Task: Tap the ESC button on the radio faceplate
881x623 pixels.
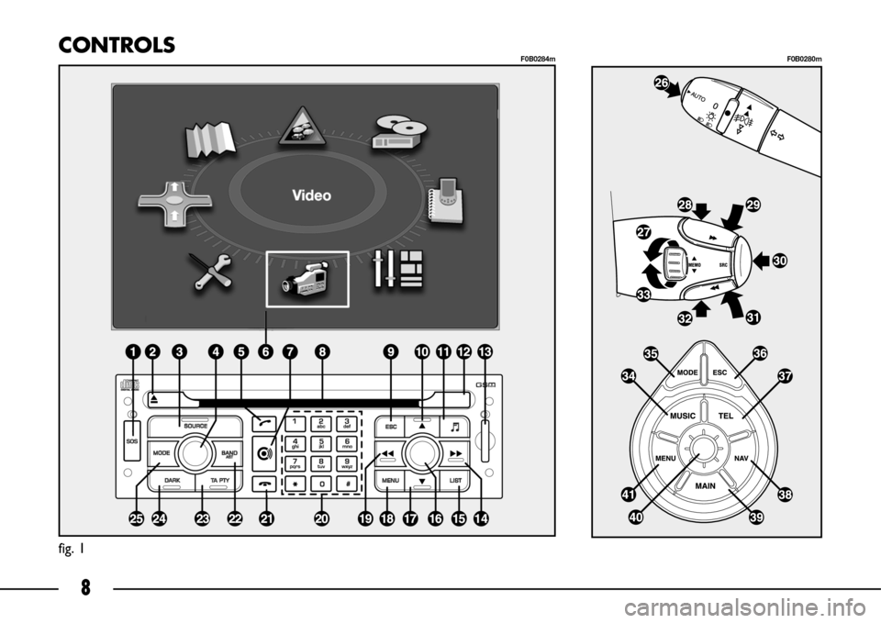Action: (x=390, y=426)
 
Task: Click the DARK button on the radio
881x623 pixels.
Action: (x=172, y=481)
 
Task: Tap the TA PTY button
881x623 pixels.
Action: (x=219, y=481)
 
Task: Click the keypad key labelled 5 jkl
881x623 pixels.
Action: (x=320, y=442)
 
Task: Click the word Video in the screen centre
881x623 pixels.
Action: (x=311, y=195)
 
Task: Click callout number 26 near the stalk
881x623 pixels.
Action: (x=661, y=83)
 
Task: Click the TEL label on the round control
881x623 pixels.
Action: (x=727, y=415)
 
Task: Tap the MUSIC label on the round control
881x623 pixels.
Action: (x=683, y=415)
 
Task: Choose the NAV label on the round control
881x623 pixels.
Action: (x=742, y=456)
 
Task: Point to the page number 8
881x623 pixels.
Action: (x=85, y=588)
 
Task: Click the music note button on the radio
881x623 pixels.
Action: (x=455, y=426)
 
